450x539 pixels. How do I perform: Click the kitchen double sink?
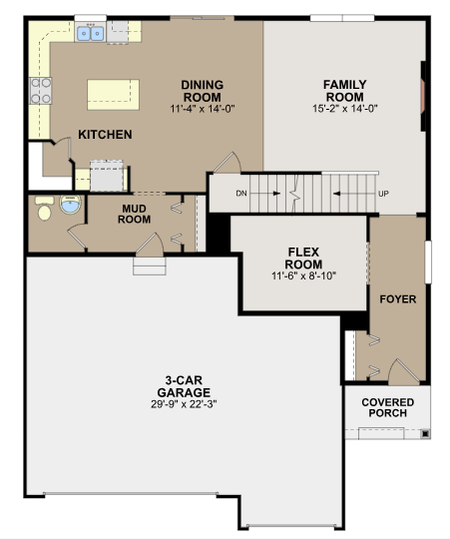point(91,34)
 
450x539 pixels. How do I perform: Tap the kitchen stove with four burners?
point(41,91)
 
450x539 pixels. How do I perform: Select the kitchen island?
point(113,95)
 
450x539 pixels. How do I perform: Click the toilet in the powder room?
point(45,208)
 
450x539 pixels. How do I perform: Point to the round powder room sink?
point(71,205)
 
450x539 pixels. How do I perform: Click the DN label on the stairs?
point(241,194)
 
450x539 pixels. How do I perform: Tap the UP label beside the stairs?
point(383,194)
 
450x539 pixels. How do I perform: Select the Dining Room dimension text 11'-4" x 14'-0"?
point(203,109)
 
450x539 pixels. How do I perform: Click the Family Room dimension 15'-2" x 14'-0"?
point(345,109)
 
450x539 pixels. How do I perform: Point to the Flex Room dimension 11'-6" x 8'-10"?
point(303,276)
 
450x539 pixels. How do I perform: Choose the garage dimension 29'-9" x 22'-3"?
point(184,404)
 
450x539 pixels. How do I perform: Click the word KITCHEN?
point(105,135)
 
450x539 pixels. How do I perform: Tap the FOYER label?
point(398,299)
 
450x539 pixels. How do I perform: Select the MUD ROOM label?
point(135,214)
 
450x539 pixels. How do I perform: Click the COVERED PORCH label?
point(388,407)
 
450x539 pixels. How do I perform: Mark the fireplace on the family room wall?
point(423,96)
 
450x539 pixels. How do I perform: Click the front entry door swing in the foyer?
point(404,372)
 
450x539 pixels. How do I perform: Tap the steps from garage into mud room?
point(150,266)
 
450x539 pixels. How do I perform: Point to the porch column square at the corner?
point(425,434)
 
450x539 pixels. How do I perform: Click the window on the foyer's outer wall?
point(428,263)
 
